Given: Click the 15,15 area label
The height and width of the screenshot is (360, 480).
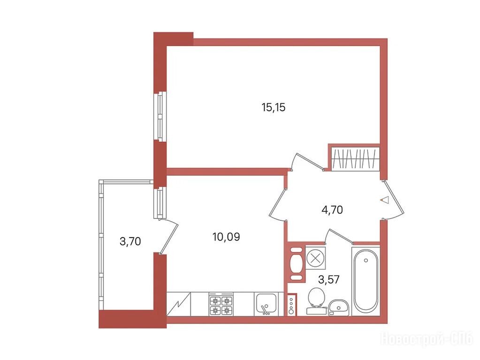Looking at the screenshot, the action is click(x=274, y=107).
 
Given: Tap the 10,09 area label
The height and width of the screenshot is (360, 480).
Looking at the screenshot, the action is click(x=226, y=236).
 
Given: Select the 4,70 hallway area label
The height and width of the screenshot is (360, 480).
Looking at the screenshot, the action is click(x=332, y=210).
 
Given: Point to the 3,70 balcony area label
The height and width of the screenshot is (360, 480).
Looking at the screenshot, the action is click(x=130, y=241).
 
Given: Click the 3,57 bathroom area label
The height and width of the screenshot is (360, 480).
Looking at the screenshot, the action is click(x=329, y=279).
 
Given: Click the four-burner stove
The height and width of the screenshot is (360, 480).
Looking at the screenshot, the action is click(x=221, y=304).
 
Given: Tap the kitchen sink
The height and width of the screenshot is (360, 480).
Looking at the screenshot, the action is click(x=266, y=304).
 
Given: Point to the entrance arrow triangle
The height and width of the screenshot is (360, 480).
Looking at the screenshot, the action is click(x=385, y=200).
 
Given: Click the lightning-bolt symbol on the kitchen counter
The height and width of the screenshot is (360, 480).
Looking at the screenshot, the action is click(x=178, y=304).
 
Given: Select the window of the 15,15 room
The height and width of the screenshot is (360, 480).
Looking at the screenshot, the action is click(x=160, y=117).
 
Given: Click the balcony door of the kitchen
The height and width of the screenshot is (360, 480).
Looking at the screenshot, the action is click(x=168, y=236).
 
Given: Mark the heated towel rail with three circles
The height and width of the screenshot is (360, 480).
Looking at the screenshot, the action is click(x=291, y=304).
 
